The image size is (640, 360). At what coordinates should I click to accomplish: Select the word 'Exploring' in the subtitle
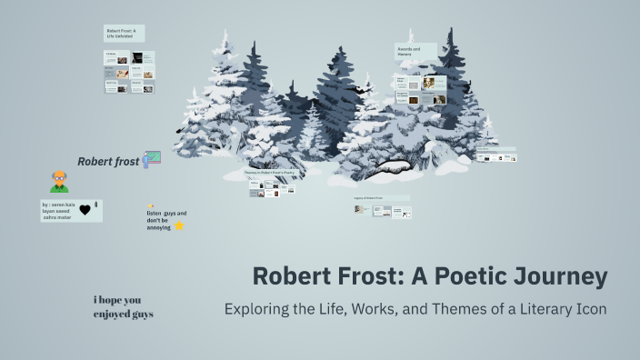pos(257,308)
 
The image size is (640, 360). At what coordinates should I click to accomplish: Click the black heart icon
pos(85,210)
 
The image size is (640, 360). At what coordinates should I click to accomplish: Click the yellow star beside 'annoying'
pos(180,225)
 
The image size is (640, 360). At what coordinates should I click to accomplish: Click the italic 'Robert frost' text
pos(108,162)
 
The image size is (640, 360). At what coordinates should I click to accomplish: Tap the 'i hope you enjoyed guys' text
pos(123,306)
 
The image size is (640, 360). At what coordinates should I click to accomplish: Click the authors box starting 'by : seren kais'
pos(60,211)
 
